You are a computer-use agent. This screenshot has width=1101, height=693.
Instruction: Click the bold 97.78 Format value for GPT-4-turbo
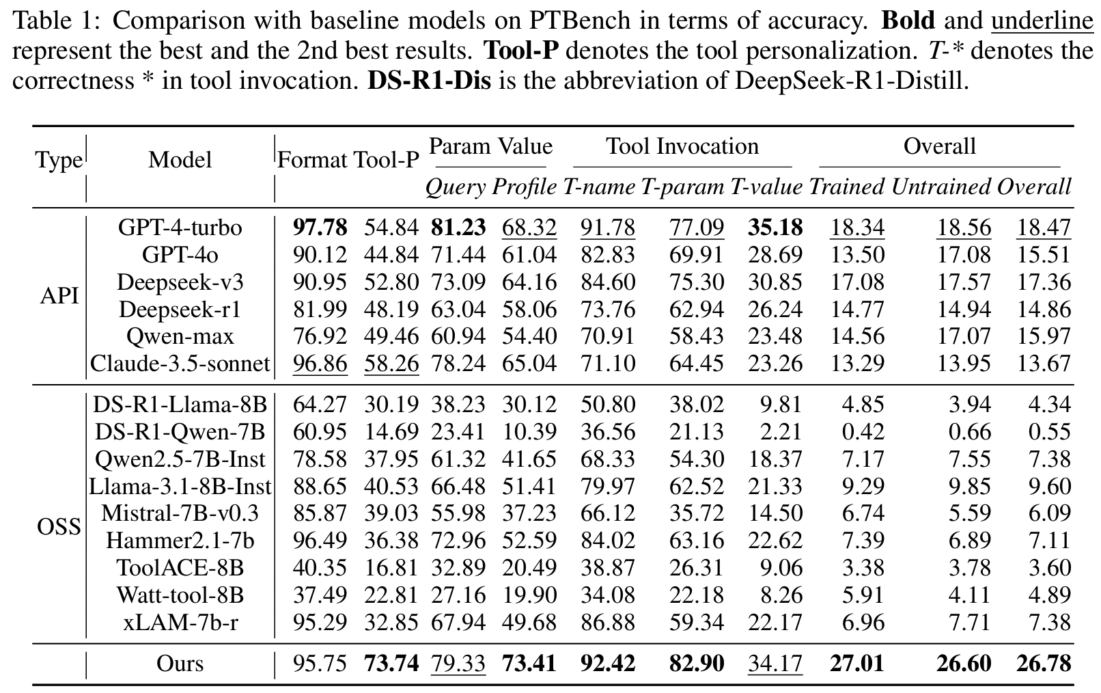[320, 228]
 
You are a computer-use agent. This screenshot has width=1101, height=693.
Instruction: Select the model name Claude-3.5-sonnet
[180, 364]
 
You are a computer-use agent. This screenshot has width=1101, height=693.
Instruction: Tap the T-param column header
[682, 187]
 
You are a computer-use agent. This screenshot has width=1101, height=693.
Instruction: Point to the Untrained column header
[940, 187]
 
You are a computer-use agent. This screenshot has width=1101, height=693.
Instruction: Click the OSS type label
[59, 527]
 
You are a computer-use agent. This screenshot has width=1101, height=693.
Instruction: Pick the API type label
[59, 296]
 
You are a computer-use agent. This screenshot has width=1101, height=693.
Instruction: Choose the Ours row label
[180, 664]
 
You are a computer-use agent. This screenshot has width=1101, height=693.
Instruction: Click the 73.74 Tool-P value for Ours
[391, 664]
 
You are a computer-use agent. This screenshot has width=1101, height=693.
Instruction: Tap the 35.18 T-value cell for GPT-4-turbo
[775, 228]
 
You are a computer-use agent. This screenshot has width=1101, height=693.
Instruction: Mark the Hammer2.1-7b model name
[180, 541]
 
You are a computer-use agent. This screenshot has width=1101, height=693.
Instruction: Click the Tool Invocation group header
[682, 146]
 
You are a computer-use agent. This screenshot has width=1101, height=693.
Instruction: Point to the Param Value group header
[490, 146]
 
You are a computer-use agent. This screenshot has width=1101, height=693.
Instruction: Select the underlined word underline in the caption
[1042, 21]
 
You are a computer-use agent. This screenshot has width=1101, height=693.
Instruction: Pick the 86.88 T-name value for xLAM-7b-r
[608, 623]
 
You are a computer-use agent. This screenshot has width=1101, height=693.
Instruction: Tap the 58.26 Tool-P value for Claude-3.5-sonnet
[391, 364]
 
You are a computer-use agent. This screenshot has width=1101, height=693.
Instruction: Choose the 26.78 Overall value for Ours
[1044, 664]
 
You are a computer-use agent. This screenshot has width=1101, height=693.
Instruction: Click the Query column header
[456, 187]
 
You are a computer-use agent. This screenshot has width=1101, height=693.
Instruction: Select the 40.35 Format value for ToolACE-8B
[320, 568]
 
